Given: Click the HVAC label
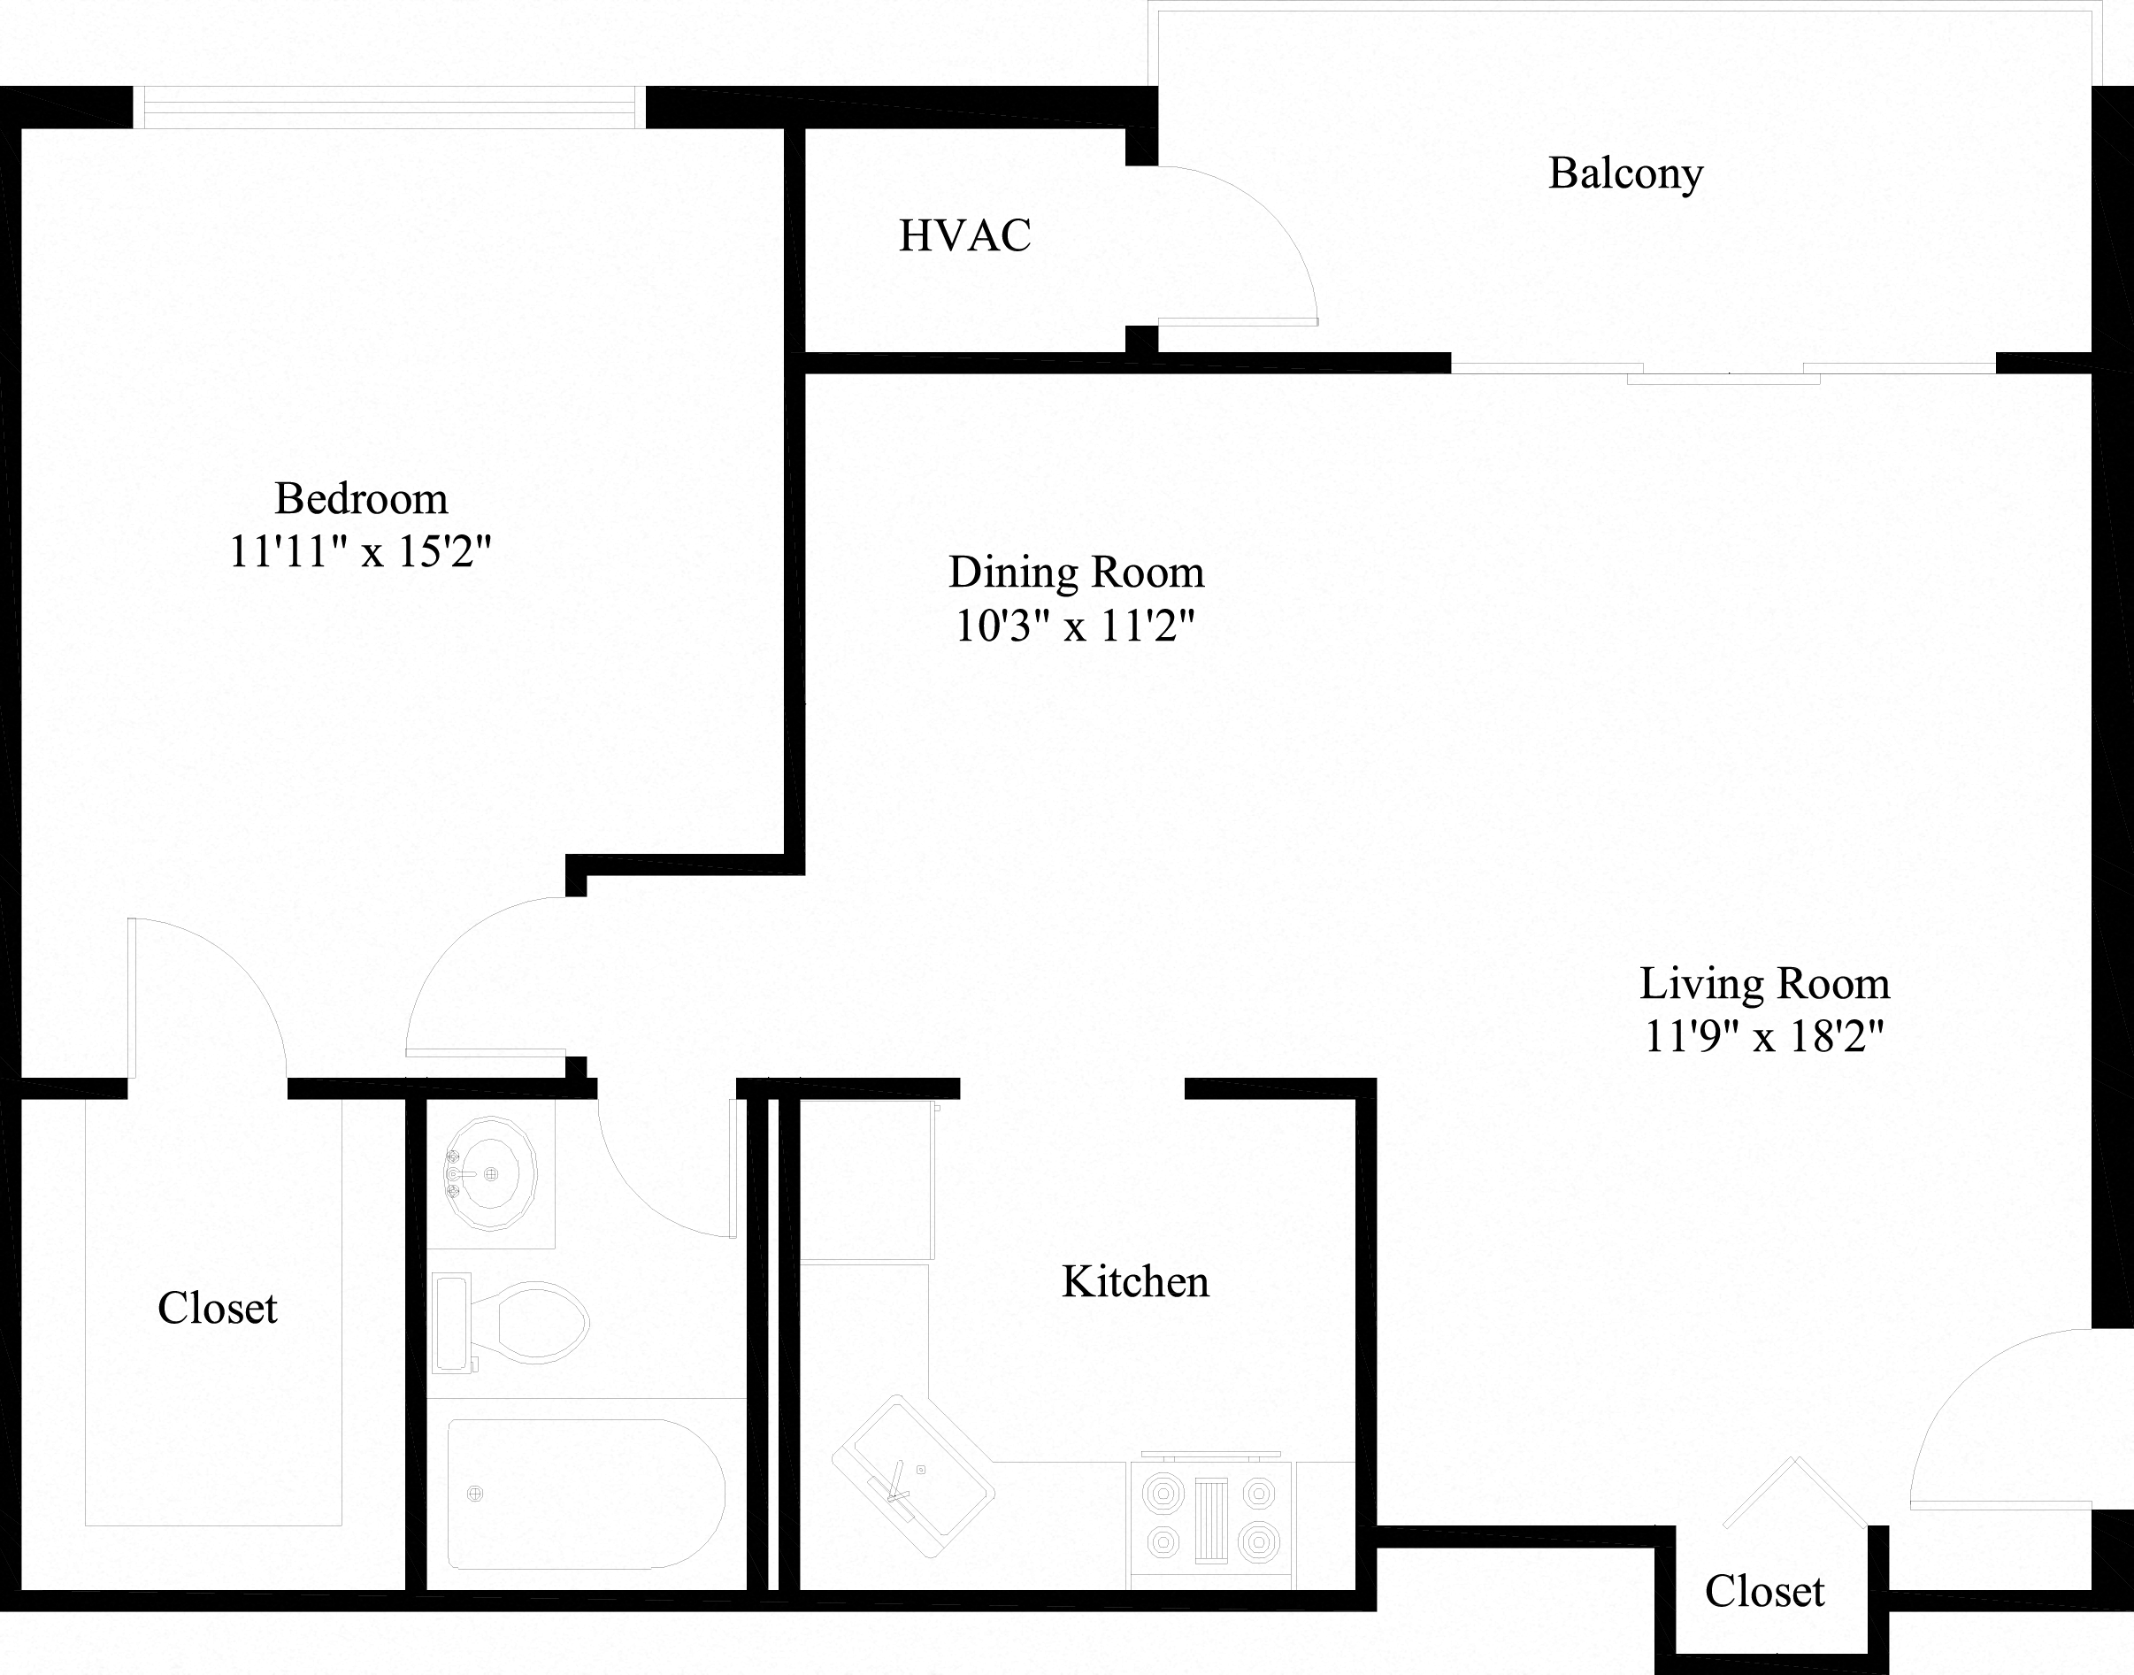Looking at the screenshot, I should [x=965, y=236].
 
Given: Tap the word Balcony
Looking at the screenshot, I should [x=1625, y=174].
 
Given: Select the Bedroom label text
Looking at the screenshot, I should [x=361, y=499].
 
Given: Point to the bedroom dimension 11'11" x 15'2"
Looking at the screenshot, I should [x=360, y=552].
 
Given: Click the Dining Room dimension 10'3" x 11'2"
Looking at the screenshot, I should [x=1076, y=626].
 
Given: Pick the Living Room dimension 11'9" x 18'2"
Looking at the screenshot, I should [x=1764, y=1036].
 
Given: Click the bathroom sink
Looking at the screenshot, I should [x=490, y=1173].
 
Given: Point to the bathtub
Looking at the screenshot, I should [x=586, y=1494].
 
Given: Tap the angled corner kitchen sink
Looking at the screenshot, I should [x=913, y=1476].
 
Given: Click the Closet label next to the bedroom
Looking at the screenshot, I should [x=218, y=1308].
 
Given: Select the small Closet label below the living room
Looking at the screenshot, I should [x=1764, y=1592].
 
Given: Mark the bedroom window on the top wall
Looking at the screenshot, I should [x=389, y=108].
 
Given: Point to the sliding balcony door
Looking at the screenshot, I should [x=1723, y=372].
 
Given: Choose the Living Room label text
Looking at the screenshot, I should [x=1764, y=984].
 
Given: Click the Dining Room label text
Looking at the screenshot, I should [x=1076, y=572].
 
